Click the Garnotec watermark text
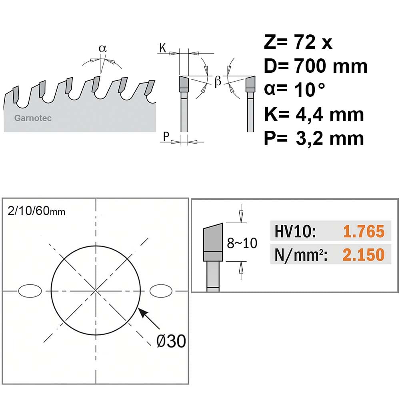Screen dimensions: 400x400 pos(33,118)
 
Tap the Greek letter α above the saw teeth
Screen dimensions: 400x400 pos(102,48)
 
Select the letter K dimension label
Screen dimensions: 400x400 pos(162,48)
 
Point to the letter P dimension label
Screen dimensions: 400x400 pos(166,136)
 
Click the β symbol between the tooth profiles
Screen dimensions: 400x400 pos(218,81)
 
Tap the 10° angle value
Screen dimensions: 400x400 pos(310,90)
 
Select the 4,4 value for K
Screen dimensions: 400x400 pos(310,114)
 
